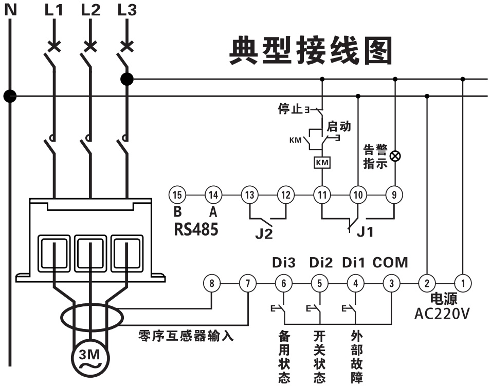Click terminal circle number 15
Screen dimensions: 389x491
(177, 194)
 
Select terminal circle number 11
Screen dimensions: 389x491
(322, 194)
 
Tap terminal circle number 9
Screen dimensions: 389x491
(394, 194)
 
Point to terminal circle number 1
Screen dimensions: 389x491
(463, 282)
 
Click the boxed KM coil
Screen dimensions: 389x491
(322, 163)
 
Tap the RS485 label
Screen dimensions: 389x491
(196, 229)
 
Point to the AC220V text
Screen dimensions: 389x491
(442, 314)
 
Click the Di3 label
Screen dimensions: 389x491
(284, 263)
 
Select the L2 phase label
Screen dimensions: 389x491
(90, 9)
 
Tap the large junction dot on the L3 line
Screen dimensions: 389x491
(126, 79)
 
